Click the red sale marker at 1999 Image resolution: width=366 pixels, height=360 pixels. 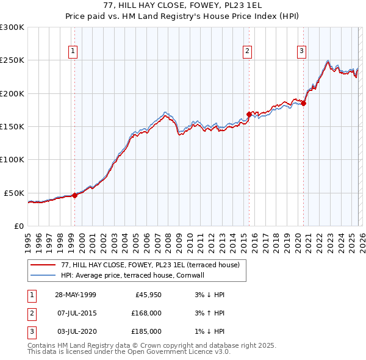click(75, 195)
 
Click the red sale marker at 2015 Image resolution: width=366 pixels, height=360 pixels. click(249, 114)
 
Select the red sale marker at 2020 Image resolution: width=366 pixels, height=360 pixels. click(303, 103)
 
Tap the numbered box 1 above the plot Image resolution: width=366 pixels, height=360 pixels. click(73, 51)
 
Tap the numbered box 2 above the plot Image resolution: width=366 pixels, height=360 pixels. click(248, 51)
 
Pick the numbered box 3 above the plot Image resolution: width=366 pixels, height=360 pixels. click(301, 51)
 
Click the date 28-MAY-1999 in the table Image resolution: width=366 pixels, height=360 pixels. click(75, 295)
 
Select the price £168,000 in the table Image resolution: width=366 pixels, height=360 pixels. click(146, 313)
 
